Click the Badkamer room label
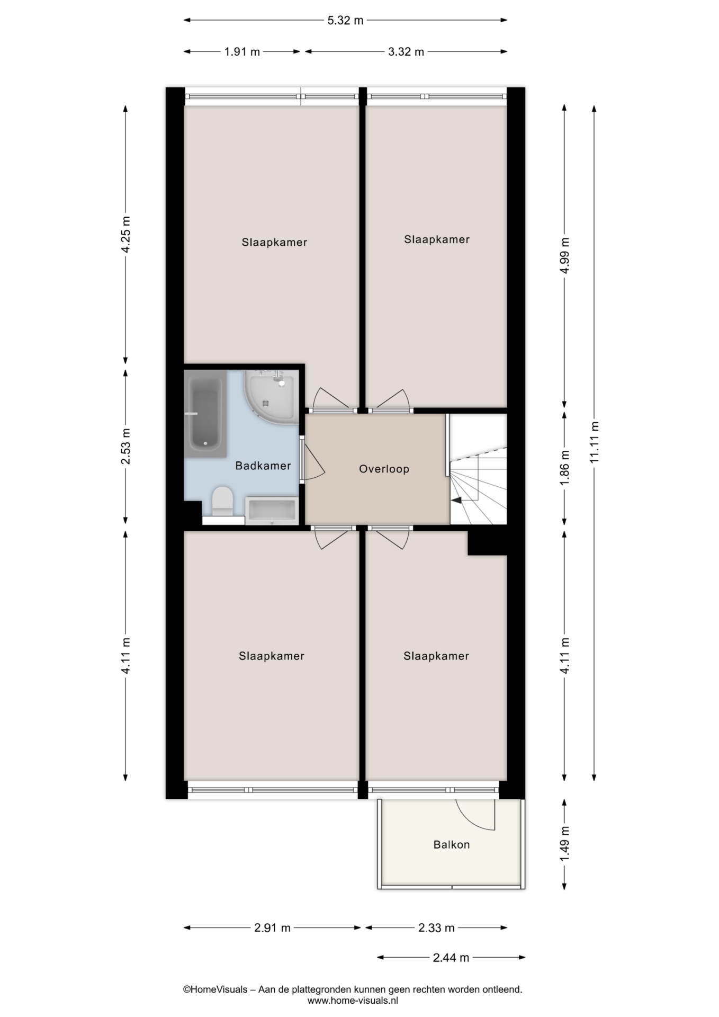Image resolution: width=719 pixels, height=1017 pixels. [x=263, y=466]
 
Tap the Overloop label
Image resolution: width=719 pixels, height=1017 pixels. [x=384, y=469]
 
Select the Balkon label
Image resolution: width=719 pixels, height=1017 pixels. [x=452, y=844]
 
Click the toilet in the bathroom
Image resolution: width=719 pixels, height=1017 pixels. [x=222, y=501]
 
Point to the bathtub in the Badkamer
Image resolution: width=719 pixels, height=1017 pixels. [x=205, y=413]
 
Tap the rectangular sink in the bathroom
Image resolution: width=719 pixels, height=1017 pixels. [x=272, y=511]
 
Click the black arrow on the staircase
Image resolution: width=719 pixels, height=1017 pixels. [x=456, y=499]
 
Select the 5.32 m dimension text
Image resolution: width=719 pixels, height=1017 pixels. [x=345, y=21]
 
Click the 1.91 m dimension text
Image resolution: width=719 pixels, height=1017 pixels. [x=242, y=51]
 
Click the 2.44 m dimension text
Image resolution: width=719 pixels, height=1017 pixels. [x=451, y=957]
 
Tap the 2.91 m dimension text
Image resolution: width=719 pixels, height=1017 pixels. [x=272, y=927]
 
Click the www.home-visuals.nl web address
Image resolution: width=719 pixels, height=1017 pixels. [x=353, y=1001]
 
